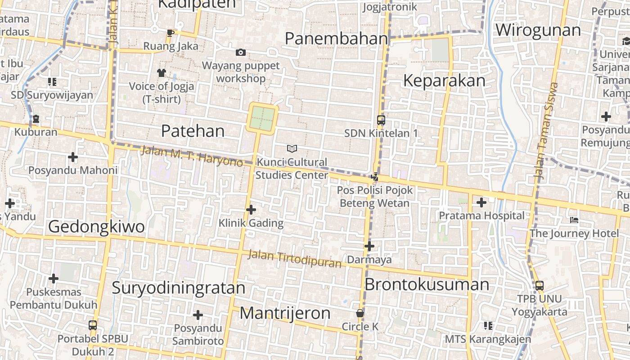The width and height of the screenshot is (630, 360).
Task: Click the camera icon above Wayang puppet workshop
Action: [241, 53]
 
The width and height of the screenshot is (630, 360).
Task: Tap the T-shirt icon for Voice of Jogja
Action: [162, 72]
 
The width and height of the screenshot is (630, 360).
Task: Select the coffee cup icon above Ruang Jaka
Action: [170, 33]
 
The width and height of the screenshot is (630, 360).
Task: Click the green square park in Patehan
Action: [262, 118]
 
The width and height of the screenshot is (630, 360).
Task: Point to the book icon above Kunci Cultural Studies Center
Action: [292, 148]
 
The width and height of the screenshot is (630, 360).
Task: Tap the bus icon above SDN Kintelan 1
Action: [381, 120]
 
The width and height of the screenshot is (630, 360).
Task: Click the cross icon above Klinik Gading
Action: [251, 210]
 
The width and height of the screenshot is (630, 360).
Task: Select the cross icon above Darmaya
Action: [369, 246]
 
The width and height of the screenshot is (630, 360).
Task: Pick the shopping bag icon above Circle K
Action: [360, 313]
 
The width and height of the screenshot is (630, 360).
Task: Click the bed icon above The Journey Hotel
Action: [574, 220]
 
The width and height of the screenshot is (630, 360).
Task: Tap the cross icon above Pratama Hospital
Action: [481, 202]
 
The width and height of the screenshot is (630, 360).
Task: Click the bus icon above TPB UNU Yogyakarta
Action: [539, 285]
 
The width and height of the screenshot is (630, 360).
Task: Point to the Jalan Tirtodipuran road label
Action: [295, 259]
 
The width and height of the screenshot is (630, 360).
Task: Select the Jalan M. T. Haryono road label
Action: [192, 156]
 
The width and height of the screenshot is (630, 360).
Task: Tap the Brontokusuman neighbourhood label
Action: [427, 284]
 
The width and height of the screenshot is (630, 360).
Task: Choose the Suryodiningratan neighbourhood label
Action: [179, 288]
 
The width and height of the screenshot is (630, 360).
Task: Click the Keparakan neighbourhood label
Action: [444, 81]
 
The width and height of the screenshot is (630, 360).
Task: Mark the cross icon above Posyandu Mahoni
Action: [72, 157]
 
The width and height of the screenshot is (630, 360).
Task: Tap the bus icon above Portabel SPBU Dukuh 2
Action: [93, 325]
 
